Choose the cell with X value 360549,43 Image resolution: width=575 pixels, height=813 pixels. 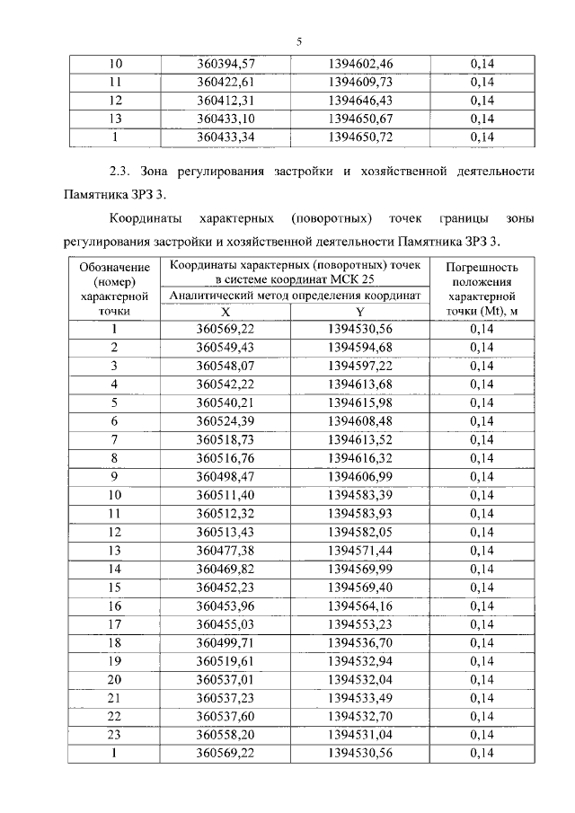coord(226,348)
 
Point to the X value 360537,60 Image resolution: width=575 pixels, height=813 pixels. coord(226,716)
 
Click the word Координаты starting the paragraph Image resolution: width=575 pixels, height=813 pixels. coord(145,218)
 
